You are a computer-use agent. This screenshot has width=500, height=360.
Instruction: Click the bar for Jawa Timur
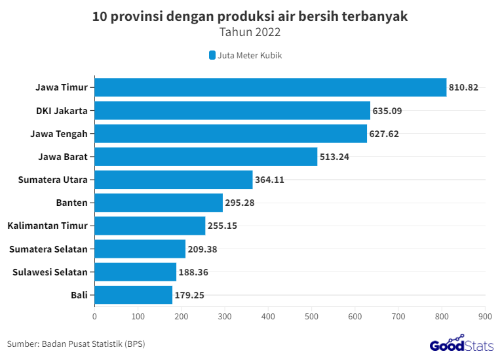coord(271,87)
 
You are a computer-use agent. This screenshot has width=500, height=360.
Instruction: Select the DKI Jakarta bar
coord(233,110)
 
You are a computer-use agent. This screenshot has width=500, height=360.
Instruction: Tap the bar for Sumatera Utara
coord(174,180)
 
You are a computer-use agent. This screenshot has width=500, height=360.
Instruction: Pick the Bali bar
coord(134,295)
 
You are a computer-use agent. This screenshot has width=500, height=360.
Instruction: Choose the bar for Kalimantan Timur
coord(150,226)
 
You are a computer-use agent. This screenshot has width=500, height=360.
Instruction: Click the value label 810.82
coord(463,87)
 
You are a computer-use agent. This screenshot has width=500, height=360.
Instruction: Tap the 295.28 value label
coord(239,203)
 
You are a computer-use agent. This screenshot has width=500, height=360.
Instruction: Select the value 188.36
coord(193,272)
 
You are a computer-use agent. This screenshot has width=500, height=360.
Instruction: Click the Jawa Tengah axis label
coord(59,134)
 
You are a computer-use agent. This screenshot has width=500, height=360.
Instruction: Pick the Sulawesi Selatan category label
coord(50,272)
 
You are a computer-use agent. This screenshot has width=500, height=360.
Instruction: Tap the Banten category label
coord(72,203)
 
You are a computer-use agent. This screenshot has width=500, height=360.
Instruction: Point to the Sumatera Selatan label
coord(48,249)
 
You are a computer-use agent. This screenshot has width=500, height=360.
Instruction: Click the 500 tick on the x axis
coord(311,317)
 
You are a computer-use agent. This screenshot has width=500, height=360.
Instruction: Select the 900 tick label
coord(485,317)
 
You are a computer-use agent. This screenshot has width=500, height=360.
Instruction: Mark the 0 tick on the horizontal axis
coord(94,317)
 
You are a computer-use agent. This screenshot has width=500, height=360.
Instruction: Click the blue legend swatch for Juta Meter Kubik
coord(212,56)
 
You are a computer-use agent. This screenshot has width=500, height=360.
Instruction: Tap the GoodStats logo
coord(456,343)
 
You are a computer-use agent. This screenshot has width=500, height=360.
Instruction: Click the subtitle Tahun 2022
coord(250,31)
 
